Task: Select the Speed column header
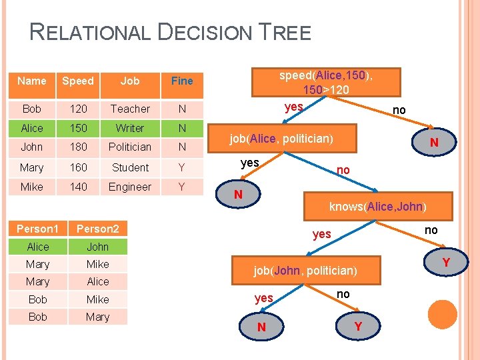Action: [78, 81]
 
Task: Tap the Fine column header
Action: [182, 81]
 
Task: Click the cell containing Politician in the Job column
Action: [130, 147]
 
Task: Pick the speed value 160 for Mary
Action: [79, 167]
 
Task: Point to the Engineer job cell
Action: [130, 187]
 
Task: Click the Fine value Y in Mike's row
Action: [182, 187]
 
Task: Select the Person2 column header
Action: [97, 229]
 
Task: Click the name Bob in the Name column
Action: [31, 109]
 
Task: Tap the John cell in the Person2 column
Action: [97, 247]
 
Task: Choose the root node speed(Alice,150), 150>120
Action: [326, 82]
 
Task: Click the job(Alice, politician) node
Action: [282, 139]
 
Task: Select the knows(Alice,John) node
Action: [377, 206]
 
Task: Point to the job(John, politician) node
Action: [305, 271]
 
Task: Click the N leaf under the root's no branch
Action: [434, 143]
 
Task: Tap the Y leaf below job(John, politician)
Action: [359, 327]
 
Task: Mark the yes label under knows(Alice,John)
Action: [322, 235]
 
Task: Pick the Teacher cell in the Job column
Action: [130, 109]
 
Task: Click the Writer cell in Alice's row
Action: [130, 128]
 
